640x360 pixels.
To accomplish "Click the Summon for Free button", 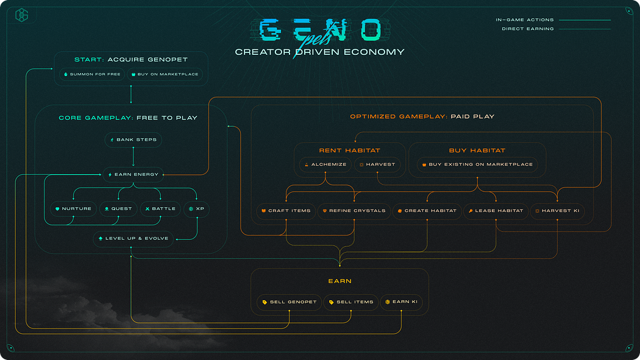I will point(92,74).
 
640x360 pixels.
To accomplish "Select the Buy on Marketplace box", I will point(163,74).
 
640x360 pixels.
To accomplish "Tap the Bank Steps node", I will point(133,139).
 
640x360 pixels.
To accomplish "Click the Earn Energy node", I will point(133,174).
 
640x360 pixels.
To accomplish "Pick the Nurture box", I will point(73,209).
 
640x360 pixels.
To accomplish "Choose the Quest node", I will point(118,209).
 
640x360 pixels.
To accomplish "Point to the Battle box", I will point(160,209).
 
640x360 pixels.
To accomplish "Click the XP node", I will point(196,209).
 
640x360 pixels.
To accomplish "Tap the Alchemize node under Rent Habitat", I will point(325,164).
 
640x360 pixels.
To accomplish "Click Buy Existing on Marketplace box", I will point(477,164).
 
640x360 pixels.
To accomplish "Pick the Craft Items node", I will point(286,211).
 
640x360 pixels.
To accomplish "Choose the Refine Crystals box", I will point(354,211).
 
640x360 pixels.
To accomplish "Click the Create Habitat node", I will point(427,211).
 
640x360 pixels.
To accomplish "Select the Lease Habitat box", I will point(495,211).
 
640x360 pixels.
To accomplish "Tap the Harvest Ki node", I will point(557,211).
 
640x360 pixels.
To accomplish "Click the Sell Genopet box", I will point(289,302).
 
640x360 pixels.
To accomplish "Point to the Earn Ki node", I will point(401,302).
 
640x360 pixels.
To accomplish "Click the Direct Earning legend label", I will point(528,29).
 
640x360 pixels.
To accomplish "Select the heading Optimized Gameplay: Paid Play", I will point(422,116).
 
